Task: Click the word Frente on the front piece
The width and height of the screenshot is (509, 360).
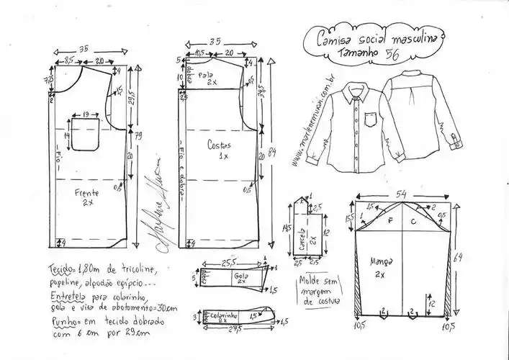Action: coord(85,194)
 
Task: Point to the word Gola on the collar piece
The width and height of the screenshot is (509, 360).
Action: coord(239,276)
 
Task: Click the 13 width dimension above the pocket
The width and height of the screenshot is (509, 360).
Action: coord(86,114)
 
